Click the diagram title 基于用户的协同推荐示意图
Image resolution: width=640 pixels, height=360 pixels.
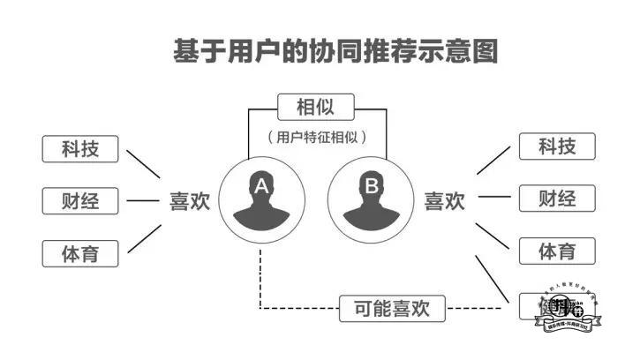[x=335, y=50]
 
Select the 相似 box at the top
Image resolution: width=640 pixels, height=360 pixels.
[x=315, y=109]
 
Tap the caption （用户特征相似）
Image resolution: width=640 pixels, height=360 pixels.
[x=316, y=138]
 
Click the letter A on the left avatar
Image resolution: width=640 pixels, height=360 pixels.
[x=261, y=186]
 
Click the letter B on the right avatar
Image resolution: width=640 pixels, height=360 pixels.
[x=372, y=186]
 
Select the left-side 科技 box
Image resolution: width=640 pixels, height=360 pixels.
[x=80, y=148]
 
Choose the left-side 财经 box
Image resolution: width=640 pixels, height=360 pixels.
[x=80, y=201]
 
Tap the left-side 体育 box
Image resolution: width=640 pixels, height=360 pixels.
[x=80, y=254]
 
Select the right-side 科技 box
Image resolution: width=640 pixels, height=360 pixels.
[x=557, y=146]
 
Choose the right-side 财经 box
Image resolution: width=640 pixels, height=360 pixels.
[x=557, y=199]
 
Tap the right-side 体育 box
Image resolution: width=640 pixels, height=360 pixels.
[x=557, y=251]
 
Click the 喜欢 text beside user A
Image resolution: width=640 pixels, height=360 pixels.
[x=190, y=201]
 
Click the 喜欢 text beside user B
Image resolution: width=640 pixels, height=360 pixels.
[x=444, y=201]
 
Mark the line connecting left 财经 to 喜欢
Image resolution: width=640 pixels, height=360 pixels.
[x=142, y=201]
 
